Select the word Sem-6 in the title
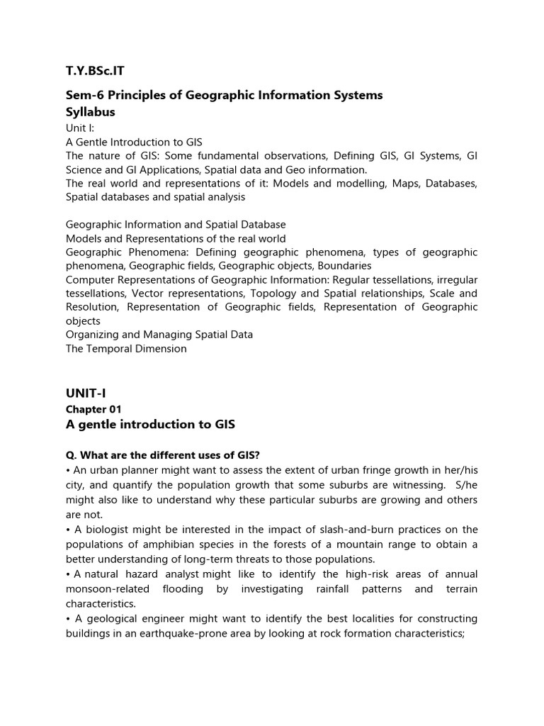click(x=83, y=96)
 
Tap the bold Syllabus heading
click(x=91, y=113)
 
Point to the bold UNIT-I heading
click(x=86, y=393)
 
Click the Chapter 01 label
click(x=93, y=409)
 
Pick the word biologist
click(x=109, y=530)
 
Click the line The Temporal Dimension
click(x=126, y=349)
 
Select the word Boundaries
click(x=344, y=266)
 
